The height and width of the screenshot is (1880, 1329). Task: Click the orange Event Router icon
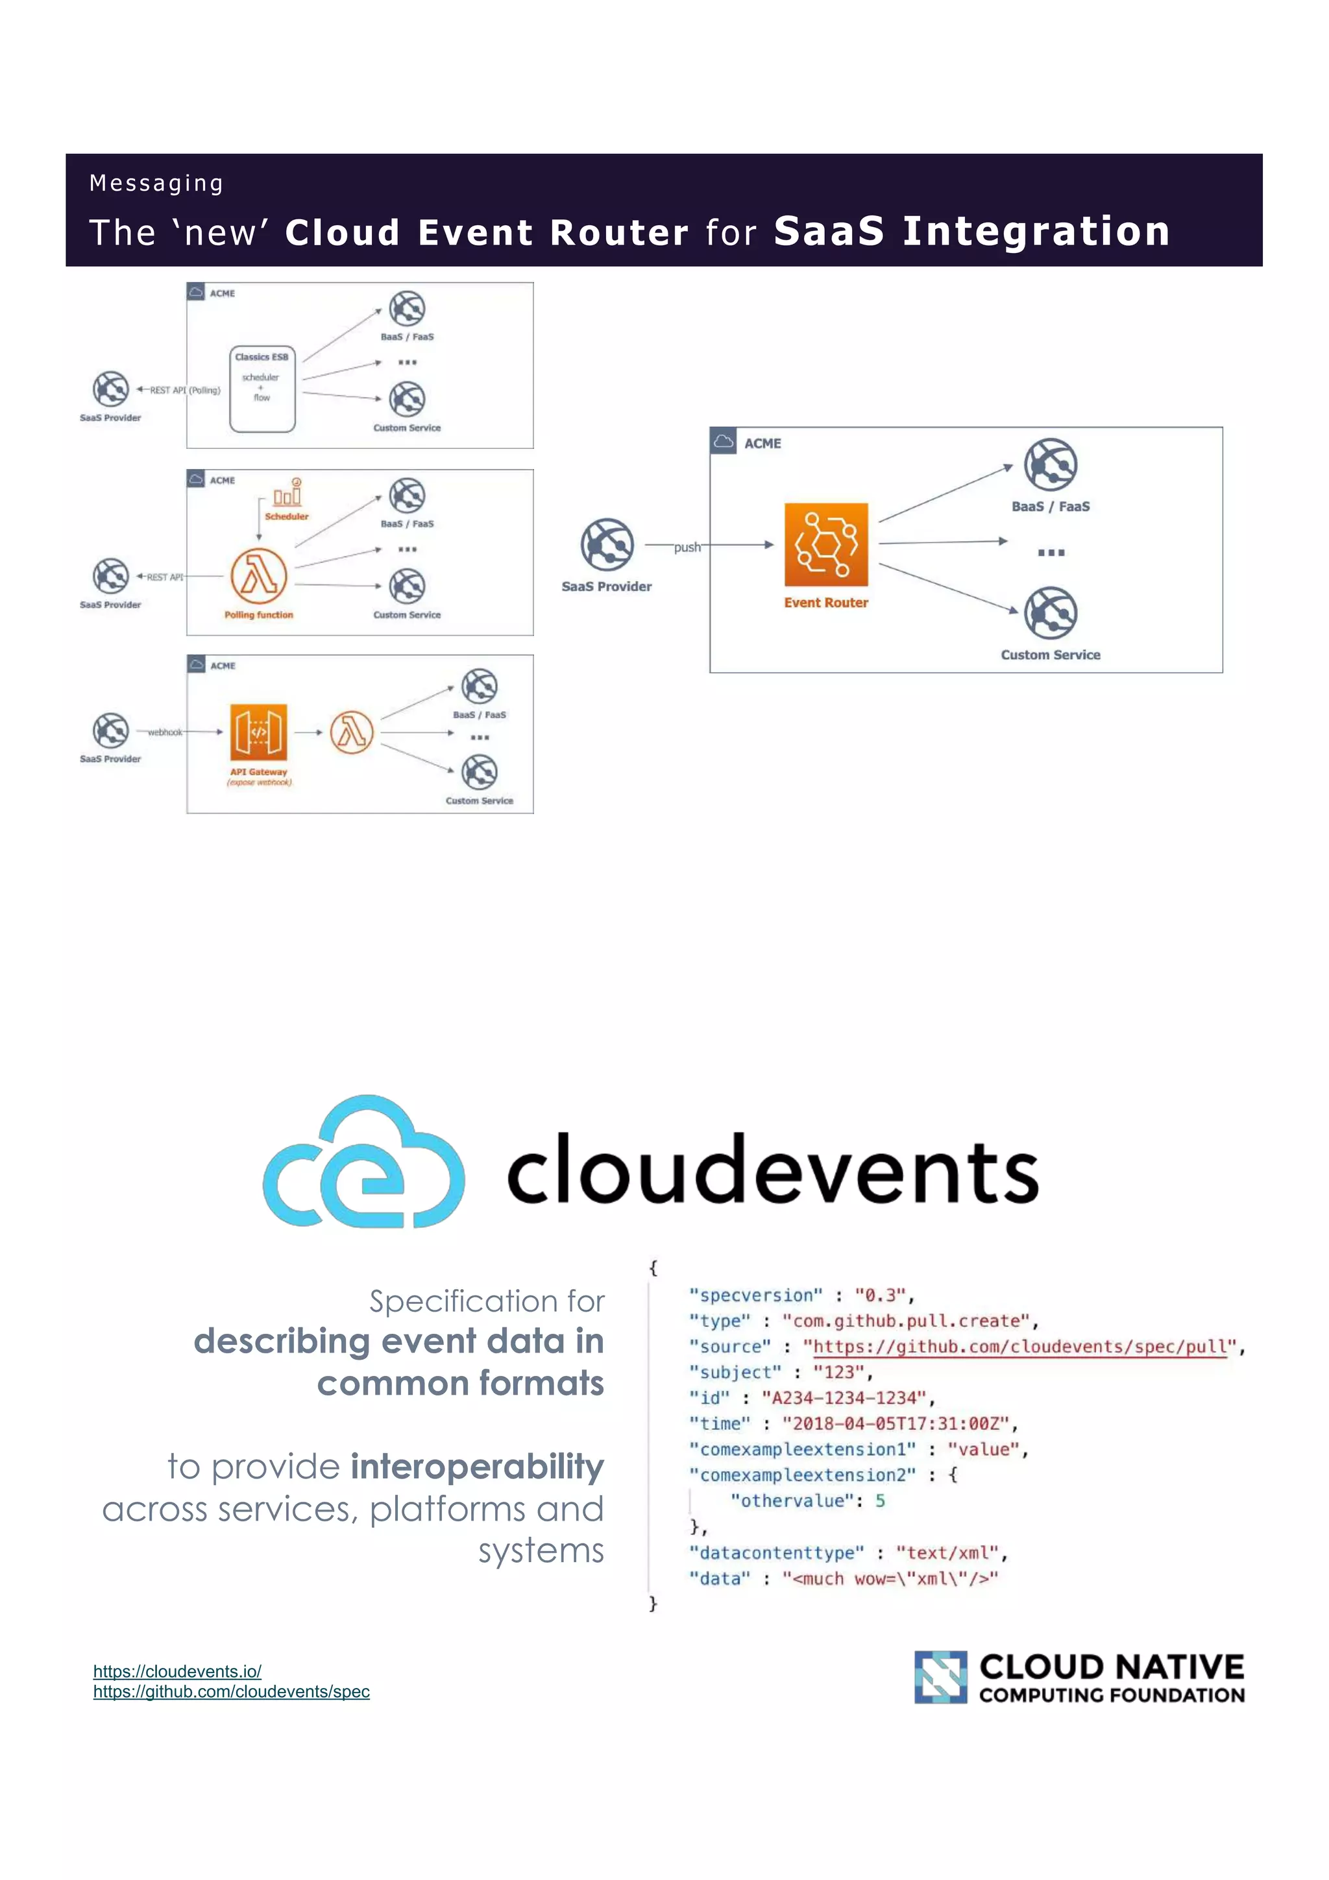pyautogui.click(x=825, y=544)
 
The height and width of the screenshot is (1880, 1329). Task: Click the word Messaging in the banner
pyautogui.click(x=156, y=182)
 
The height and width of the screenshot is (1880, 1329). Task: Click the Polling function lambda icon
pyautogui.click(x=259, y=575)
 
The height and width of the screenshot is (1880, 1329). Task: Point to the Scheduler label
pyautogui.click(x=287, y=516)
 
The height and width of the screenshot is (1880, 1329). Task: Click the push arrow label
pyautogui.click(x=687, y=547)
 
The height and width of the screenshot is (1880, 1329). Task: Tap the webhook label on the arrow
pyautogui.click(x=165, y=732)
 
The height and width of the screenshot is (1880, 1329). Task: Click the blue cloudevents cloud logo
pyautogui.click(x=363, y=1162)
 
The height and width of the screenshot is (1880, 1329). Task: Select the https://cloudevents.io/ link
pyautogui.click(x=177, y=1671)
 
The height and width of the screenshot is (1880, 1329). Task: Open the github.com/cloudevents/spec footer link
pyautogui.click(x=231, y=1692)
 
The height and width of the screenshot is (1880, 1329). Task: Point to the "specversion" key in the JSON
pyautogui.click(x=755, y=1296)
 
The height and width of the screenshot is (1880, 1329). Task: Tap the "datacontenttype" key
pyautogui.click(x=776, y=1552)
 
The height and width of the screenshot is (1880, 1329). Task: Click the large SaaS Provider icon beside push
pyautogui.click(x=607, y=544)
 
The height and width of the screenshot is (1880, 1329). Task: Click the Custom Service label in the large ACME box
pyautogui.click(x=1050, y=655)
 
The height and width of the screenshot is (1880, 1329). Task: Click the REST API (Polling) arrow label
pyautogui.click(x=185, y=391)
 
